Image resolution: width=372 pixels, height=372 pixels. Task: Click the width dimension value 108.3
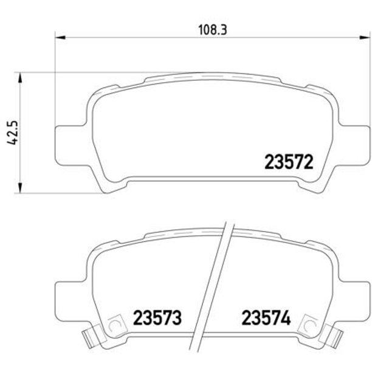point(213,30)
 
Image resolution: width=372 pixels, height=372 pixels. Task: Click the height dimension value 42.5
point(12,133)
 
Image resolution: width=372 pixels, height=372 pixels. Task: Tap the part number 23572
point(289,162)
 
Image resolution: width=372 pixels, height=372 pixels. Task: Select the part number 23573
point(157,318)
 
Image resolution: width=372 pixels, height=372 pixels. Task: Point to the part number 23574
point(266,318)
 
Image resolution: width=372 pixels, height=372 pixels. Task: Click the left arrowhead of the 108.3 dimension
point(60,38)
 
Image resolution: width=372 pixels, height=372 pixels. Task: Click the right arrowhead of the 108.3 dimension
point(365,38)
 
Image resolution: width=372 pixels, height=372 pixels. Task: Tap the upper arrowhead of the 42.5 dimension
point(20,78)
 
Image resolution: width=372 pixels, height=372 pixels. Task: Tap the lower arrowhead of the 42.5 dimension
point(20,188)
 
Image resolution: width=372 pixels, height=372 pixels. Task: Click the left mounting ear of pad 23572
point(71,145)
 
